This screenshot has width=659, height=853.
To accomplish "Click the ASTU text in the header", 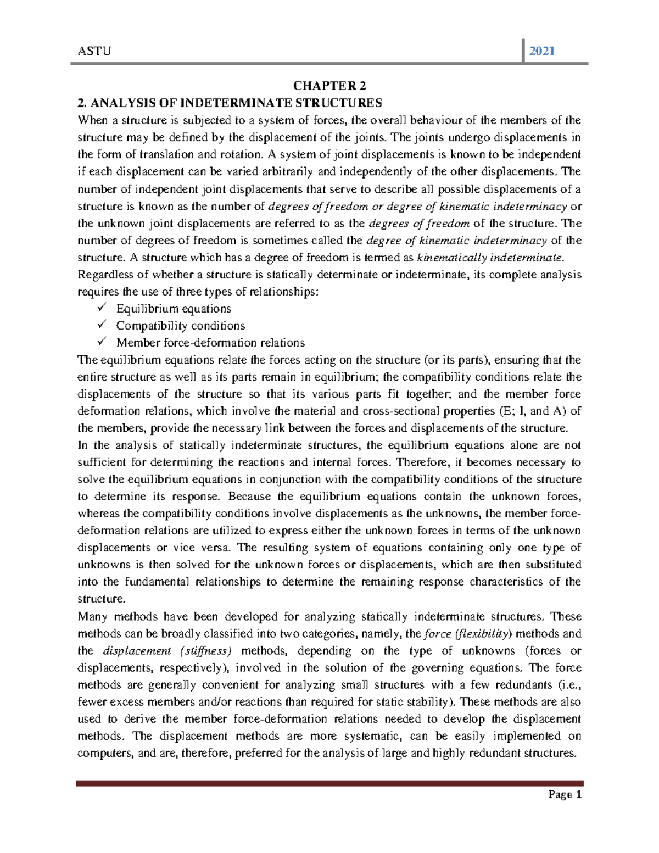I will click(94, 52).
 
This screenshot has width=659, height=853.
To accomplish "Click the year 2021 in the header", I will click(541, 52).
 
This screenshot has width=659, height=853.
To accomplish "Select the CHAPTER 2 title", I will click(329, 86).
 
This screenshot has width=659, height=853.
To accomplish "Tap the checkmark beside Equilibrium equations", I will click(101, 308).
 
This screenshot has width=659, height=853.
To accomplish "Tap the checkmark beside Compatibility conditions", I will click(101, 325).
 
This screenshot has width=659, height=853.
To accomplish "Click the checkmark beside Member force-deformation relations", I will click(101, 342).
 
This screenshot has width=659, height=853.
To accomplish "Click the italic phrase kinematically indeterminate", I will click(490, 258).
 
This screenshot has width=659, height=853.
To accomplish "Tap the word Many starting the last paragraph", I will click(93, 617).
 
